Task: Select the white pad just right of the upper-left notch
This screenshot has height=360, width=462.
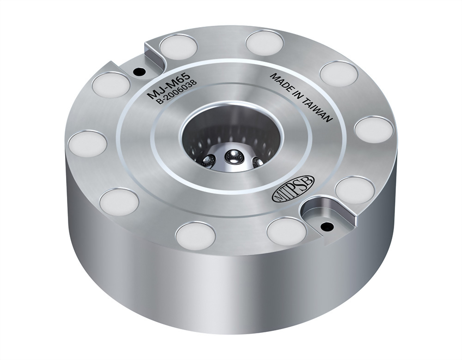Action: (x=178, y=47)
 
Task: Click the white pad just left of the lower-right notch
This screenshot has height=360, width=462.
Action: (x=286, y=231)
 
